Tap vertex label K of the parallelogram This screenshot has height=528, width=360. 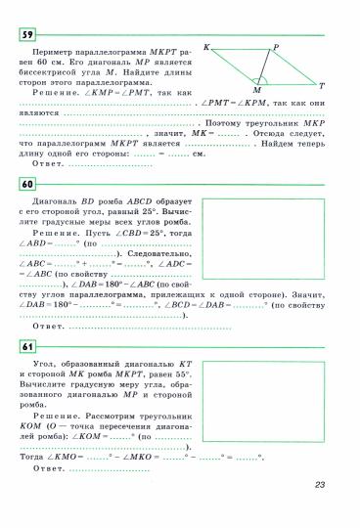[x=207, y=46]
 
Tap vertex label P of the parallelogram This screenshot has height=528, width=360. [x=277, y=46]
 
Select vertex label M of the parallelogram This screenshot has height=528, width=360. [x=256, y=89]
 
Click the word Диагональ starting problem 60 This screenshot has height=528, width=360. [x=40, y=199]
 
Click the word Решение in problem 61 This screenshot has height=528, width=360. [x=52, y=417]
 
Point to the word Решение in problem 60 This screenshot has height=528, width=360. [x=52, y=233]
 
